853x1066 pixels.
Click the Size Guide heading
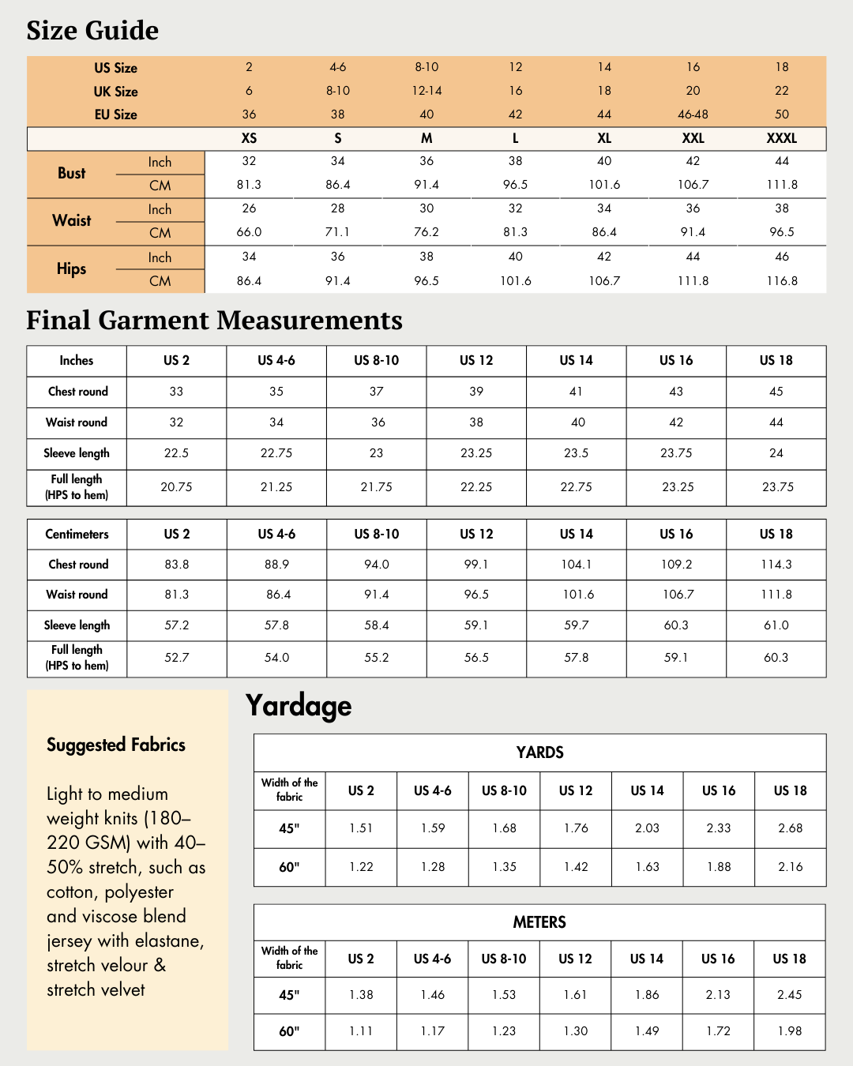pos(92,31)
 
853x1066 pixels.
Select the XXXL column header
pos(781,138)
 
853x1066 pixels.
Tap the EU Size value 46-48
pos(693,114)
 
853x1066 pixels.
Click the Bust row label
pos(71,174)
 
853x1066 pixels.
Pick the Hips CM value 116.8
pos(781,281)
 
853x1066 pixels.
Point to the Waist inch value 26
pos(249,208)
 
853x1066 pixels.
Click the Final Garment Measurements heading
pos(214,321)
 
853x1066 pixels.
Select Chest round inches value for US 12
pos(476,392)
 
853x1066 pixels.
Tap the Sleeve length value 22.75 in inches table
pos(276,453)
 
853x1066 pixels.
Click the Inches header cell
pos(77,361)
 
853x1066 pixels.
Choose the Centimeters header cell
pos(77,535)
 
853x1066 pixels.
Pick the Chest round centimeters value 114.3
pos(776,565)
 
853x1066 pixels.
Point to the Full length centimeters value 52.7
pos(176,658)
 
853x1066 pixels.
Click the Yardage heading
pos(299,705)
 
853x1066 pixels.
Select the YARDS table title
pos(539,753)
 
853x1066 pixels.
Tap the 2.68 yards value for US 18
pos(790,828)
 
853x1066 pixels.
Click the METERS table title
pos(539,922)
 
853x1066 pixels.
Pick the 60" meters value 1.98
pos(789,1031)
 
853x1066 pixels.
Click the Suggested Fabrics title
pos(116,745)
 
